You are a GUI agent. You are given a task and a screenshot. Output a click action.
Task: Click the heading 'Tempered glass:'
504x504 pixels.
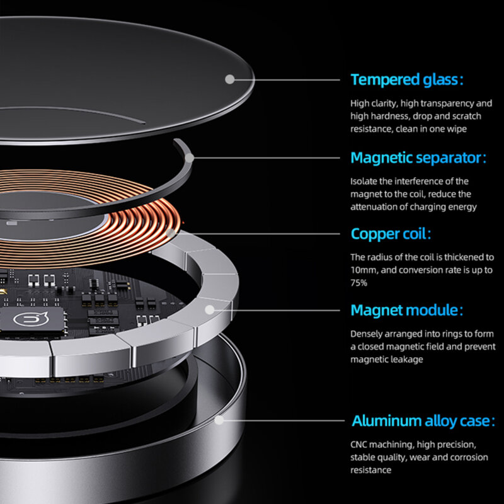coord(407,79)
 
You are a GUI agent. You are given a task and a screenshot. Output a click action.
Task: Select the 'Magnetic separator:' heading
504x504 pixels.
coord(418,158)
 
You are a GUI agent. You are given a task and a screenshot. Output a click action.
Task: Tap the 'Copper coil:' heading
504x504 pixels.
coord(391,234)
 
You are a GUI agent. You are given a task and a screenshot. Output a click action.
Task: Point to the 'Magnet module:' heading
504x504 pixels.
coord(407,310)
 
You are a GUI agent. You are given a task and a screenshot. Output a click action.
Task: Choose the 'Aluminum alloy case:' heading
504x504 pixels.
coord(423,420)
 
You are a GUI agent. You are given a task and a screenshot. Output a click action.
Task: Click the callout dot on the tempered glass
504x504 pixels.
coord(229,79)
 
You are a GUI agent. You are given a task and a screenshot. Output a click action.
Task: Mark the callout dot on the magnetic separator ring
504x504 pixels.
coord(190,158)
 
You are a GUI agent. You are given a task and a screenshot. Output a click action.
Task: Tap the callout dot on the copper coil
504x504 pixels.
coord(171,233)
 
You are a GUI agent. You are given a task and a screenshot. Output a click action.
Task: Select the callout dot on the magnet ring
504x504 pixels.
coord(210,310)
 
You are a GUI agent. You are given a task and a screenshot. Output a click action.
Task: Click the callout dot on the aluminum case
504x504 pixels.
coord(219,420)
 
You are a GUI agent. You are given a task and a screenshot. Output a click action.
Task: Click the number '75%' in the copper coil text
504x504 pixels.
coord(358,283)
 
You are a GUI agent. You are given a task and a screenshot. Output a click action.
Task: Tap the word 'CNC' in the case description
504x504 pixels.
coord(358,445)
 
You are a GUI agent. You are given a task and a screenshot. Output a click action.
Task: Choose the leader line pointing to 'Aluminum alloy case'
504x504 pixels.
coord(284,420)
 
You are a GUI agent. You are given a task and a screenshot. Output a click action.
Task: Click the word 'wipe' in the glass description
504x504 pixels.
coord(457,129)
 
